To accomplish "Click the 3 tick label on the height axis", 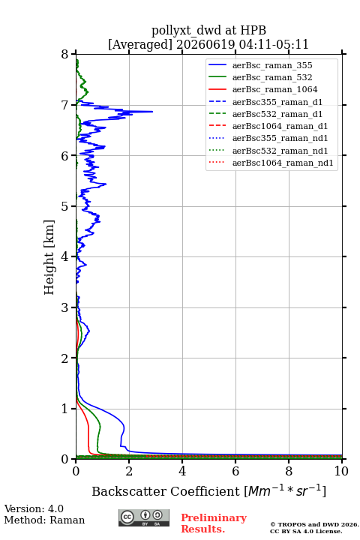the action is click(x=64, y=307).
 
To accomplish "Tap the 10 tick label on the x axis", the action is click(x=341, y=471).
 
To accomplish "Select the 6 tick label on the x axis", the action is click(x=235, y=471).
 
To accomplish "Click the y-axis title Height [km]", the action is click(x=49, y=257).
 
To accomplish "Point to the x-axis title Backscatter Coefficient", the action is click(x=165, y=491).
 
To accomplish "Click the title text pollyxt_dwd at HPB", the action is click(x=208, y=30).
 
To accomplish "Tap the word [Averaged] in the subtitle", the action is click(x=140, y=44).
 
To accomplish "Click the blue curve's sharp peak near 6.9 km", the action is click(x=152, y=111).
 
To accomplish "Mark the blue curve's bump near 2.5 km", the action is click(x=89, y=331).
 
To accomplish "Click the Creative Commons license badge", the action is click(x=144, y=517).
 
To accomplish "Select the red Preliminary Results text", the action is click(x=214, y=523).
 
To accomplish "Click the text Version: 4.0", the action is click(x=34, y=508).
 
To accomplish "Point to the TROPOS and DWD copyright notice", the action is click(x=314, y=527).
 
